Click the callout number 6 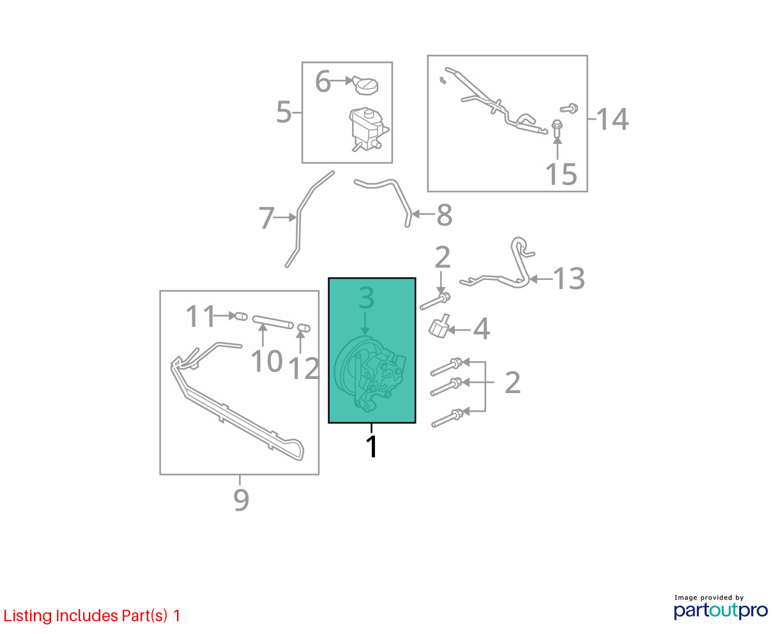[x=323, y=81]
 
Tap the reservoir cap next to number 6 [x=365, y=86]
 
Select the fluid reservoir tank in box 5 [x=368, y=129]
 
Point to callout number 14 [x=613, y=119]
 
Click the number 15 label [x=561, y=174]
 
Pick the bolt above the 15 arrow [x=556, y=127]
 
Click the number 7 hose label [x=266, y=217]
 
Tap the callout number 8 [x=444, y=215]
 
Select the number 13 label [x=569, y=279]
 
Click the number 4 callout [x=481, y=329]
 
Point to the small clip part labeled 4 [x=439, y=325]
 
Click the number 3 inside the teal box [x=366, y=298]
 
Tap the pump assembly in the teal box [x=370, y=374]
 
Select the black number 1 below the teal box [x=372, y=446]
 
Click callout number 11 [x=201, y=316]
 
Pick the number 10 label [x=266, y=361]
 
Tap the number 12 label [x=304, y=368]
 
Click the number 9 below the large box [x=241, y=500]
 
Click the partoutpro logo [x=720, y=610]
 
